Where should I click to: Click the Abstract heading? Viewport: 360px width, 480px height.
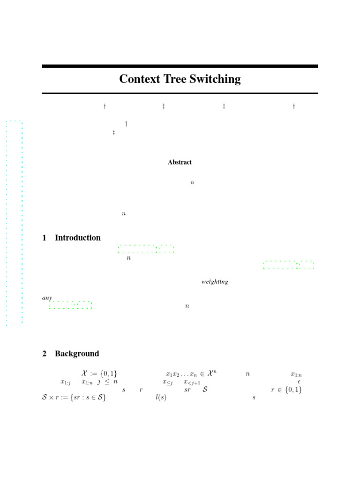[180, 162]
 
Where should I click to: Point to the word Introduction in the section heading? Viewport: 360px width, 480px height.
[78, 238]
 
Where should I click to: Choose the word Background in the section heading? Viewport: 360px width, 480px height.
[77, 354]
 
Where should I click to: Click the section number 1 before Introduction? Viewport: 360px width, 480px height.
[45, 238]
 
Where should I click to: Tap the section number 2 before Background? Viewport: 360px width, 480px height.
[45, 354]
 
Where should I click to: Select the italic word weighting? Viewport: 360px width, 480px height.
[215, 282]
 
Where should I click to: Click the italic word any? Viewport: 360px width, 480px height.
[47, 298]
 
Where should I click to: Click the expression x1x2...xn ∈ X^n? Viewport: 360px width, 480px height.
[191, 374]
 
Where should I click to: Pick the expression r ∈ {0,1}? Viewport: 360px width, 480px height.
[286, 390]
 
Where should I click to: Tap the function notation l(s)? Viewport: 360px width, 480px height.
[161, 398]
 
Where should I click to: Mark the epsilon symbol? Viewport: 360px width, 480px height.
[299, 382]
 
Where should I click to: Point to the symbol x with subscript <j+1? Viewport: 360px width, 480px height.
[192, 382]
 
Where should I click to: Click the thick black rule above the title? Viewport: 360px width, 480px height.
[180, 67]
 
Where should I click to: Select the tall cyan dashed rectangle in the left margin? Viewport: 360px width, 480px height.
[14, 223]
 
